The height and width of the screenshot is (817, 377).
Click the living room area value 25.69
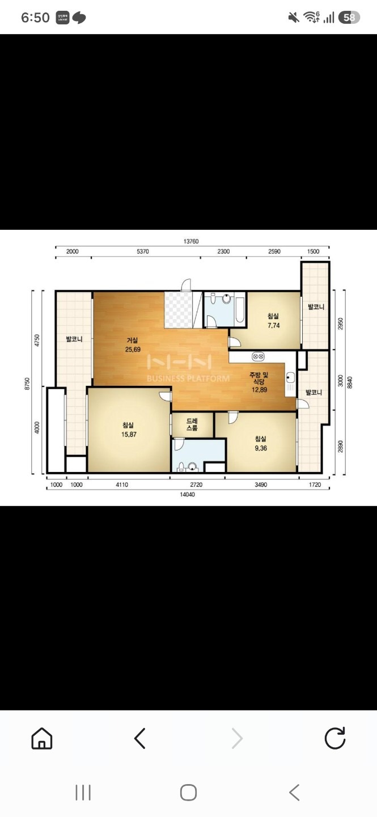coord(133,349)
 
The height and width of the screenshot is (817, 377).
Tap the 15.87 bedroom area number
coord(129,435)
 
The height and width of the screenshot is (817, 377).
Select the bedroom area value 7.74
coord(273,325)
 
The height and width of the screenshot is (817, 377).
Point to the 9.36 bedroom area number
coord(261,448)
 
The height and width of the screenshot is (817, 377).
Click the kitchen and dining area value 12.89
coord(259,390)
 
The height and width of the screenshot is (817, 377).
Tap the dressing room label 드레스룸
coord(192,424)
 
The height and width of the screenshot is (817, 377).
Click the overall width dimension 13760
coord(191,242)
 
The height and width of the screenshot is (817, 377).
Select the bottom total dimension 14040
coord(188,495)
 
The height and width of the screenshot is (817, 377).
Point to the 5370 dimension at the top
coord(142,251)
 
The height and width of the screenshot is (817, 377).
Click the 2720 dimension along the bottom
coord(196,485)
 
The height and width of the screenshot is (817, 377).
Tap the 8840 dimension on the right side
coord(350,382)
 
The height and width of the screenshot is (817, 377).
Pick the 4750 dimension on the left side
coord(37,340)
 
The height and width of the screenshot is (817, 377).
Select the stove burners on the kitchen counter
coord(258,356)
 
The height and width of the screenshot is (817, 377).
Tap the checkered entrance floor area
coord(178,309)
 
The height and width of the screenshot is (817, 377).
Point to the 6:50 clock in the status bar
coord(35,18)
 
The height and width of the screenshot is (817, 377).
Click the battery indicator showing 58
coord(349,18)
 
